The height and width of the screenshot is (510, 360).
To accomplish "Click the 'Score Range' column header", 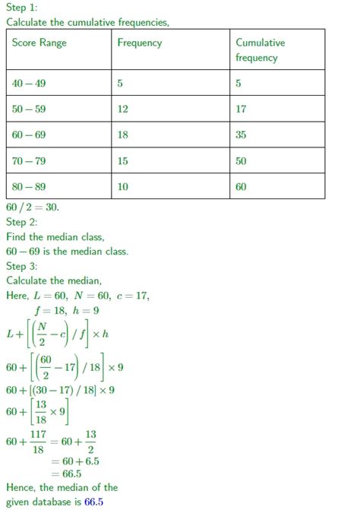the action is click(x=39, y=43).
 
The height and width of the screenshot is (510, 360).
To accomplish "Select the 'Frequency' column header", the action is click(x=139, y=43).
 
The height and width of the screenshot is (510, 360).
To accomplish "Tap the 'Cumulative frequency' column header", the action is click(x=260, y=50).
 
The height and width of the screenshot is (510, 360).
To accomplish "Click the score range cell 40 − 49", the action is click(x=29, y=83).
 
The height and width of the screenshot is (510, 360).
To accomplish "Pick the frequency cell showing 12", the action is click(x=123, y=109).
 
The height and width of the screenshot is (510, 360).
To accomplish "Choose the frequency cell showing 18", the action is click(x=123, y=135).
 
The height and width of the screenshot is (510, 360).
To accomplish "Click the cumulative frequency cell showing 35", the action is click(x=241, y=135).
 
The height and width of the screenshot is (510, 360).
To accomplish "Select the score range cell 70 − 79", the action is click(x=29, y=160).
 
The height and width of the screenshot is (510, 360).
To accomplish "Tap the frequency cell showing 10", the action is click(x=123, y=186).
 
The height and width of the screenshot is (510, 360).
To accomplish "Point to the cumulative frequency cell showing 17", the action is click(x=241, y=109).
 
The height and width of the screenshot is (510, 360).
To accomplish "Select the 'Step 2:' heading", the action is click(x=21, y=222).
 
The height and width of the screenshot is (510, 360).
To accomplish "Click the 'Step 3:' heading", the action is click(x=21, y=266).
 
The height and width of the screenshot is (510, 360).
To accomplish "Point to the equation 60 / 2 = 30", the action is click(x=32, y=207).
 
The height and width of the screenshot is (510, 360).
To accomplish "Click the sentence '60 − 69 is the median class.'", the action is click(x=67, y=251).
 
